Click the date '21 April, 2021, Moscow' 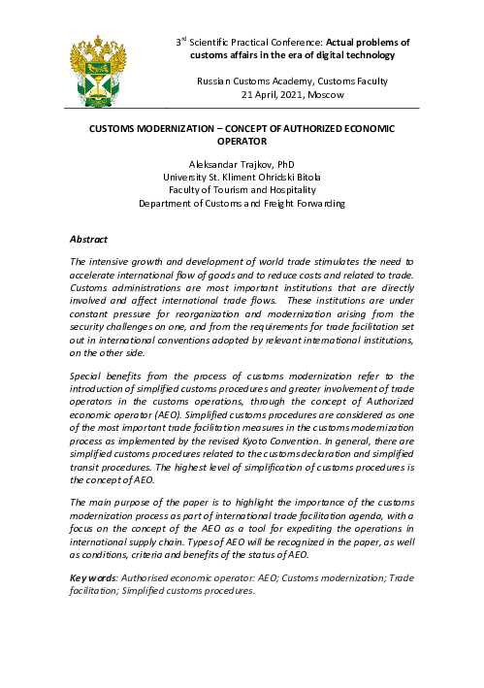(292, 95)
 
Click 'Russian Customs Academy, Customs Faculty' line (292, 81)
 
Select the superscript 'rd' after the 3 (182, 40)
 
